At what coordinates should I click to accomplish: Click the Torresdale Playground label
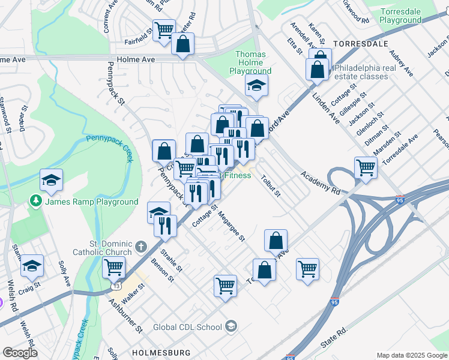[x=409, y=16]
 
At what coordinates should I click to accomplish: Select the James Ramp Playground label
[x=92, y=202]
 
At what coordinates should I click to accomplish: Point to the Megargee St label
[x=231, y=226]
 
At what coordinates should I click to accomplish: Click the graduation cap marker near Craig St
[x=32, y=266]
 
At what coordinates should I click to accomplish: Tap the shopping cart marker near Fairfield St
[x=163, y=29]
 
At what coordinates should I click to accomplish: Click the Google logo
[x=20, y=353]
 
